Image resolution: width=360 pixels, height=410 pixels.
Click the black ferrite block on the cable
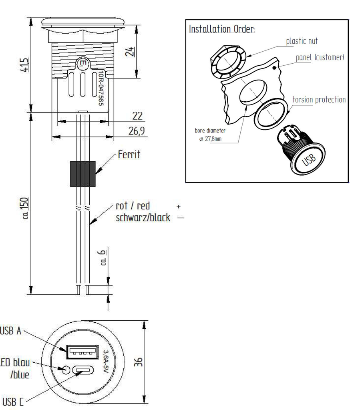point(83,174)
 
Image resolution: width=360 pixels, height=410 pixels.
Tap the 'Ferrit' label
point(129,155)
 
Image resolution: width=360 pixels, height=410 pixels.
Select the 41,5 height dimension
point(25,64)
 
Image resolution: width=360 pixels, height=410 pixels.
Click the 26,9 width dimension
point(137,131)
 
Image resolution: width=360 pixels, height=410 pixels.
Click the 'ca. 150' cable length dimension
point(25,208)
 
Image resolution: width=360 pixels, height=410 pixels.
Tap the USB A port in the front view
point(83,352)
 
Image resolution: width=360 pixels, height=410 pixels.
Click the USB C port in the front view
point(84,372)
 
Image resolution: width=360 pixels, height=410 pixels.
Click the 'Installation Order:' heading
point(222,30)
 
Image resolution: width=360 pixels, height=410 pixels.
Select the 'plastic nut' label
point(302,41)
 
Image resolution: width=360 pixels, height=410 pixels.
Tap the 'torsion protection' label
point(319,99)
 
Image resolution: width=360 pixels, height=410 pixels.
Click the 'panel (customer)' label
point(320,57)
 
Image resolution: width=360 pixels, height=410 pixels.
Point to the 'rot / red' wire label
point(133,206)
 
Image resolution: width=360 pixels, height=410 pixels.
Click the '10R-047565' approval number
point(101,89)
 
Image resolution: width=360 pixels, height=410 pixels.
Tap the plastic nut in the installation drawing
point(226,62)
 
